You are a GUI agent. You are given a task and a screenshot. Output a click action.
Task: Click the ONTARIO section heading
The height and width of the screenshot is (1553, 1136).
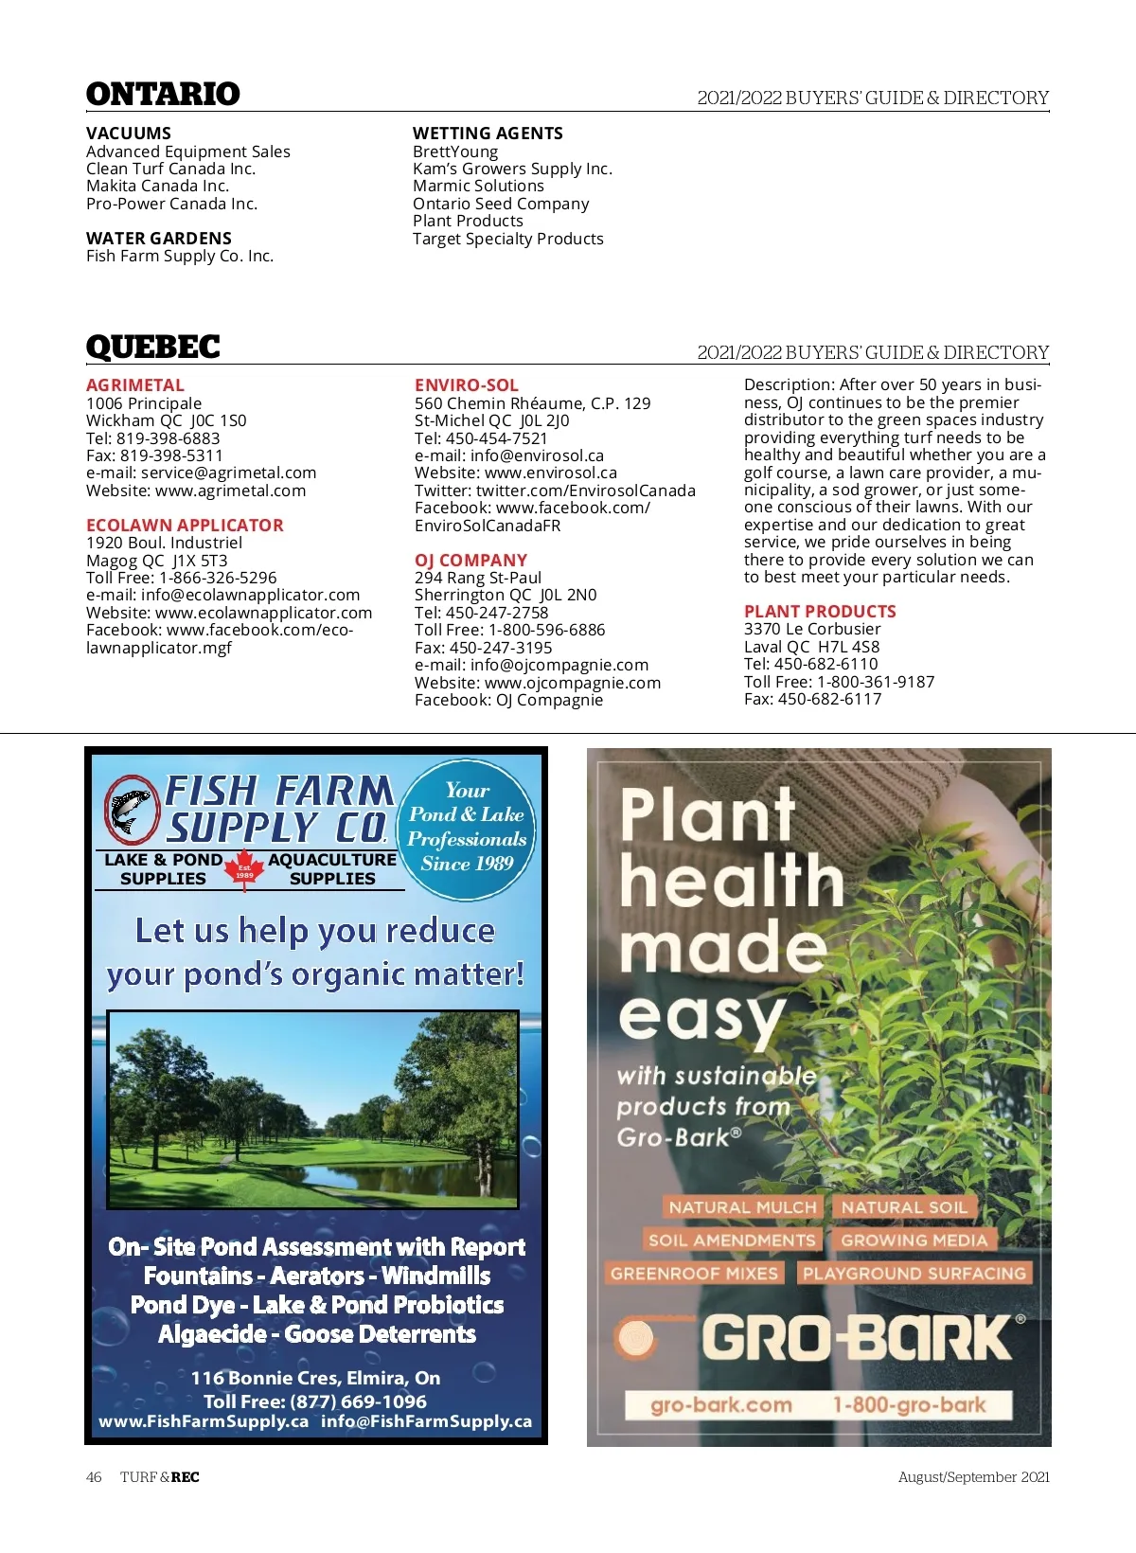point(163,94)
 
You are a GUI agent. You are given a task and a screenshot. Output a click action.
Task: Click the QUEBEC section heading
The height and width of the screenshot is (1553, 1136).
point(152,348)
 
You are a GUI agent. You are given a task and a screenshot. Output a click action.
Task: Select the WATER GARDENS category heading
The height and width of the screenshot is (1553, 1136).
point(158,239)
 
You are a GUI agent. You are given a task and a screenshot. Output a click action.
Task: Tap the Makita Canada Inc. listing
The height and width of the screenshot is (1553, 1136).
point(157,187)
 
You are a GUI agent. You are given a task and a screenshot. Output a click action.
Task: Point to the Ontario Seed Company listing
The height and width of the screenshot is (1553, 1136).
point(500,204)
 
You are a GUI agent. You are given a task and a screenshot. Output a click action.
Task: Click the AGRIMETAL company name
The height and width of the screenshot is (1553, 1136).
point(134,385)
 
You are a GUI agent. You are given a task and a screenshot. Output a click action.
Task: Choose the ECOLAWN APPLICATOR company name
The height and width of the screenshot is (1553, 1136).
point(185,526)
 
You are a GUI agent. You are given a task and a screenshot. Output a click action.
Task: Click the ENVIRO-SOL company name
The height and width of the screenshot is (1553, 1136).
point(466,385)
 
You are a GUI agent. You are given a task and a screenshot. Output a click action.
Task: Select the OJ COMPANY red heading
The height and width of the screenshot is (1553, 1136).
point(470,561)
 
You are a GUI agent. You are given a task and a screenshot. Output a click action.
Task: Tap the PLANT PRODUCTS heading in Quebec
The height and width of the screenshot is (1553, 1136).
point(819,612)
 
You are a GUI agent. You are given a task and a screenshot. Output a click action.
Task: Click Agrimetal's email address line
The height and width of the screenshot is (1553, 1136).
point(201,473)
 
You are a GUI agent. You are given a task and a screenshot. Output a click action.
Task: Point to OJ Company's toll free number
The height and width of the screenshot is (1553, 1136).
point(509,630)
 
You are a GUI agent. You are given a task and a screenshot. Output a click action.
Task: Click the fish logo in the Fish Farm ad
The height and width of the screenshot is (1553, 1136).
point(131,810)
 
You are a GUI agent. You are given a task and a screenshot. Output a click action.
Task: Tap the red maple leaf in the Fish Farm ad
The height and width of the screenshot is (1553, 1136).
point(244,867)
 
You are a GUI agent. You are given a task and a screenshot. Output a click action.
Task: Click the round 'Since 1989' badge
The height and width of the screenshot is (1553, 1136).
point(468,828)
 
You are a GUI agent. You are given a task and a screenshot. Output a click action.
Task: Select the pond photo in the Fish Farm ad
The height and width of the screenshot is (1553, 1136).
point(313,1109)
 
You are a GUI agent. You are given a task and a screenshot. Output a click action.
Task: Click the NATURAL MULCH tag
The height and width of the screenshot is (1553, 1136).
point(741,1207)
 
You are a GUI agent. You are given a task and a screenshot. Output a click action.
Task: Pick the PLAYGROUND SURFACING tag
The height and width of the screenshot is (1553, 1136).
point(914,1274)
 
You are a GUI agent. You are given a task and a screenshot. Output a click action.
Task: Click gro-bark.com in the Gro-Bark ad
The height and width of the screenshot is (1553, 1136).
point(720,1405)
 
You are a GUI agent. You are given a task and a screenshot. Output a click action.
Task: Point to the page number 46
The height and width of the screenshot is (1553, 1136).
point(94,1477)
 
